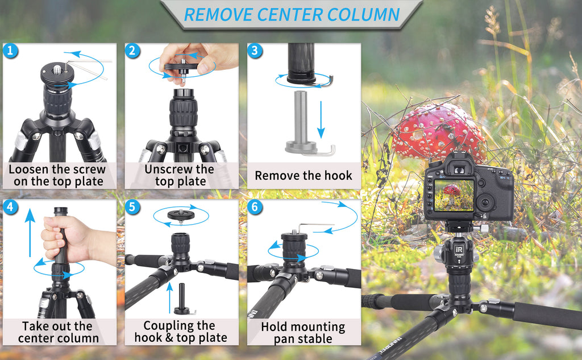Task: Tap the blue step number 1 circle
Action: coord(11,51)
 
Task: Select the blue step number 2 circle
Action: coord(132,51)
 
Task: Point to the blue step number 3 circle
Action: coord(255,51)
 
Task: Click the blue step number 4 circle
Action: coord(11,206)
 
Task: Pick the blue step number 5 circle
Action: coord(132,206)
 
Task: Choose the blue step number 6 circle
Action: coord(255,206)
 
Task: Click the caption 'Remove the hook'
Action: coord(304,175)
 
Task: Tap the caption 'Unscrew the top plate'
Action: coord(179,175)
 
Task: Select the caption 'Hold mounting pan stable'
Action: coord(303,333)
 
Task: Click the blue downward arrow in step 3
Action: coord(321,119)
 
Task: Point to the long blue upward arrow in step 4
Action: coord(30,233)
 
